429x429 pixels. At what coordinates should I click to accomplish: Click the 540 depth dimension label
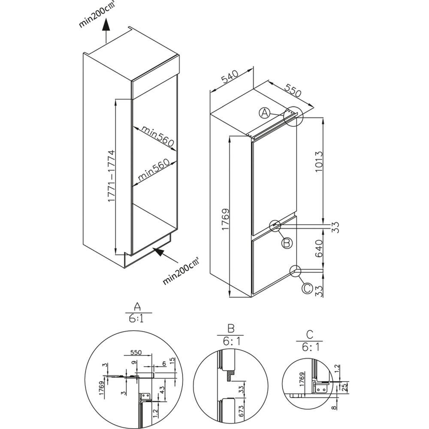click(231, 77)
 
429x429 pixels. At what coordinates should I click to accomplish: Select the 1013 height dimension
click(319, 162)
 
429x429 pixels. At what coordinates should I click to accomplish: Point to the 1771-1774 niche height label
click(112, 176)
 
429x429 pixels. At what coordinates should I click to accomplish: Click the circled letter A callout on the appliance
click(265, 112)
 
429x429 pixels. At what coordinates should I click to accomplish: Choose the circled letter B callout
click(287, 243)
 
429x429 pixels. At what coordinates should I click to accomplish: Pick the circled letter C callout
click(307, 288)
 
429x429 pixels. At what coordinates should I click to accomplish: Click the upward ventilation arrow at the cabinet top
click(106, 31)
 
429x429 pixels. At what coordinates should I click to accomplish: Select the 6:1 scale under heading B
click(230, 341)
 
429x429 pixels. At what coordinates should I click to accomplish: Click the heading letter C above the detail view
click(310, 334)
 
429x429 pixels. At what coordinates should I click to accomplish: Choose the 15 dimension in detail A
click(172, 361)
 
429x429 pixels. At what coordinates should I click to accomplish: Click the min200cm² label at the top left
click(96, 14)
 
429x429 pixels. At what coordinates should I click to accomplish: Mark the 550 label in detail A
click(136, 352)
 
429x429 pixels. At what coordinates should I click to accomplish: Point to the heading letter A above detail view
click(137, 306)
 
